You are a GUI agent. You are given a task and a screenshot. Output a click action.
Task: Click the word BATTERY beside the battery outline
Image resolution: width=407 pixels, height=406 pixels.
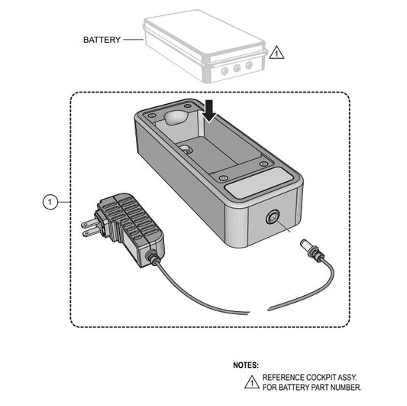[102, 40]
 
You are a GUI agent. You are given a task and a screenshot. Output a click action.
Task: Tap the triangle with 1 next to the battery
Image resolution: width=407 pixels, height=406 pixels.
[276, 53]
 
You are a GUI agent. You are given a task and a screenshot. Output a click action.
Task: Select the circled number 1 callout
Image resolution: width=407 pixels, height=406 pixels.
[50, 202]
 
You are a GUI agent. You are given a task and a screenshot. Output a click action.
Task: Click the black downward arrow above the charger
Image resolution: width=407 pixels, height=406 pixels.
[210, 111]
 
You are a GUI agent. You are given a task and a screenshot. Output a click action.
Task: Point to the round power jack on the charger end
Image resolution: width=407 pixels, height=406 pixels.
[273, 217]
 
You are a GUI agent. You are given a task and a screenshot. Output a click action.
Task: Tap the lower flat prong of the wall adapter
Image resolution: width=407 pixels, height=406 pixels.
[91, 232]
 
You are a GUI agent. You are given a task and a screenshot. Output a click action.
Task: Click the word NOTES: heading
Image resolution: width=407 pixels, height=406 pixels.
[246, 365]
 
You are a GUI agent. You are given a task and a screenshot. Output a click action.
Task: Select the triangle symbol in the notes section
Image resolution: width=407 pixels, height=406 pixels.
[251, 382]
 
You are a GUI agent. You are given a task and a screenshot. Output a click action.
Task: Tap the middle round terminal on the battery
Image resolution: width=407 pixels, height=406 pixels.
[237, 68]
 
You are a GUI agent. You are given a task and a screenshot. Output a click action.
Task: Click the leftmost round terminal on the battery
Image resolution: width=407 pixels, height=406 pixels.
[224, 70]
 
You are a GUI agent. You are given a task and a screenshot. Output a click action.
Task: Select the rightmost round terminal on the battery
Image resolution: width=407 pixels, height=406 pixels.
[249, 65]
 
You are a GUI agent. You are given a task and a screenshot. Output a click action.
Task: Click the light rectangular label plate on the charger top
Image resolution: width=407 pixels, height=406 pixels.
[259, 183]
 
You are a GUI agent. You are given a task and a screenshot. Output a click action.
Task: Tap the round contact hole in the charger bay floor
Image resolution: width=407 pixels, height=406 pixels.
[186, 150]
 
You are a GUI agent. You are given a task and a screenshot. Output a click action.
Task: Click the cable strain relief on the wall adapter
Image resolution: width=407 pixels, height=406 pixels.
[151, 258]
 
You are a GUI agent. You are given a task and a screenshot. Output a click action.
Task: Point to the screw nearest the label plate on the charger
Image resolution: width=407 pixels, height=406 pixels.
[223, 178]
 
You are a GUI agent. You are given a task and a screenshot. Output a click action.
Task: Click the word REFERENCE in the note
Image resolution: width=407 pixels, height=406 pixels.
[283, 377]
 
